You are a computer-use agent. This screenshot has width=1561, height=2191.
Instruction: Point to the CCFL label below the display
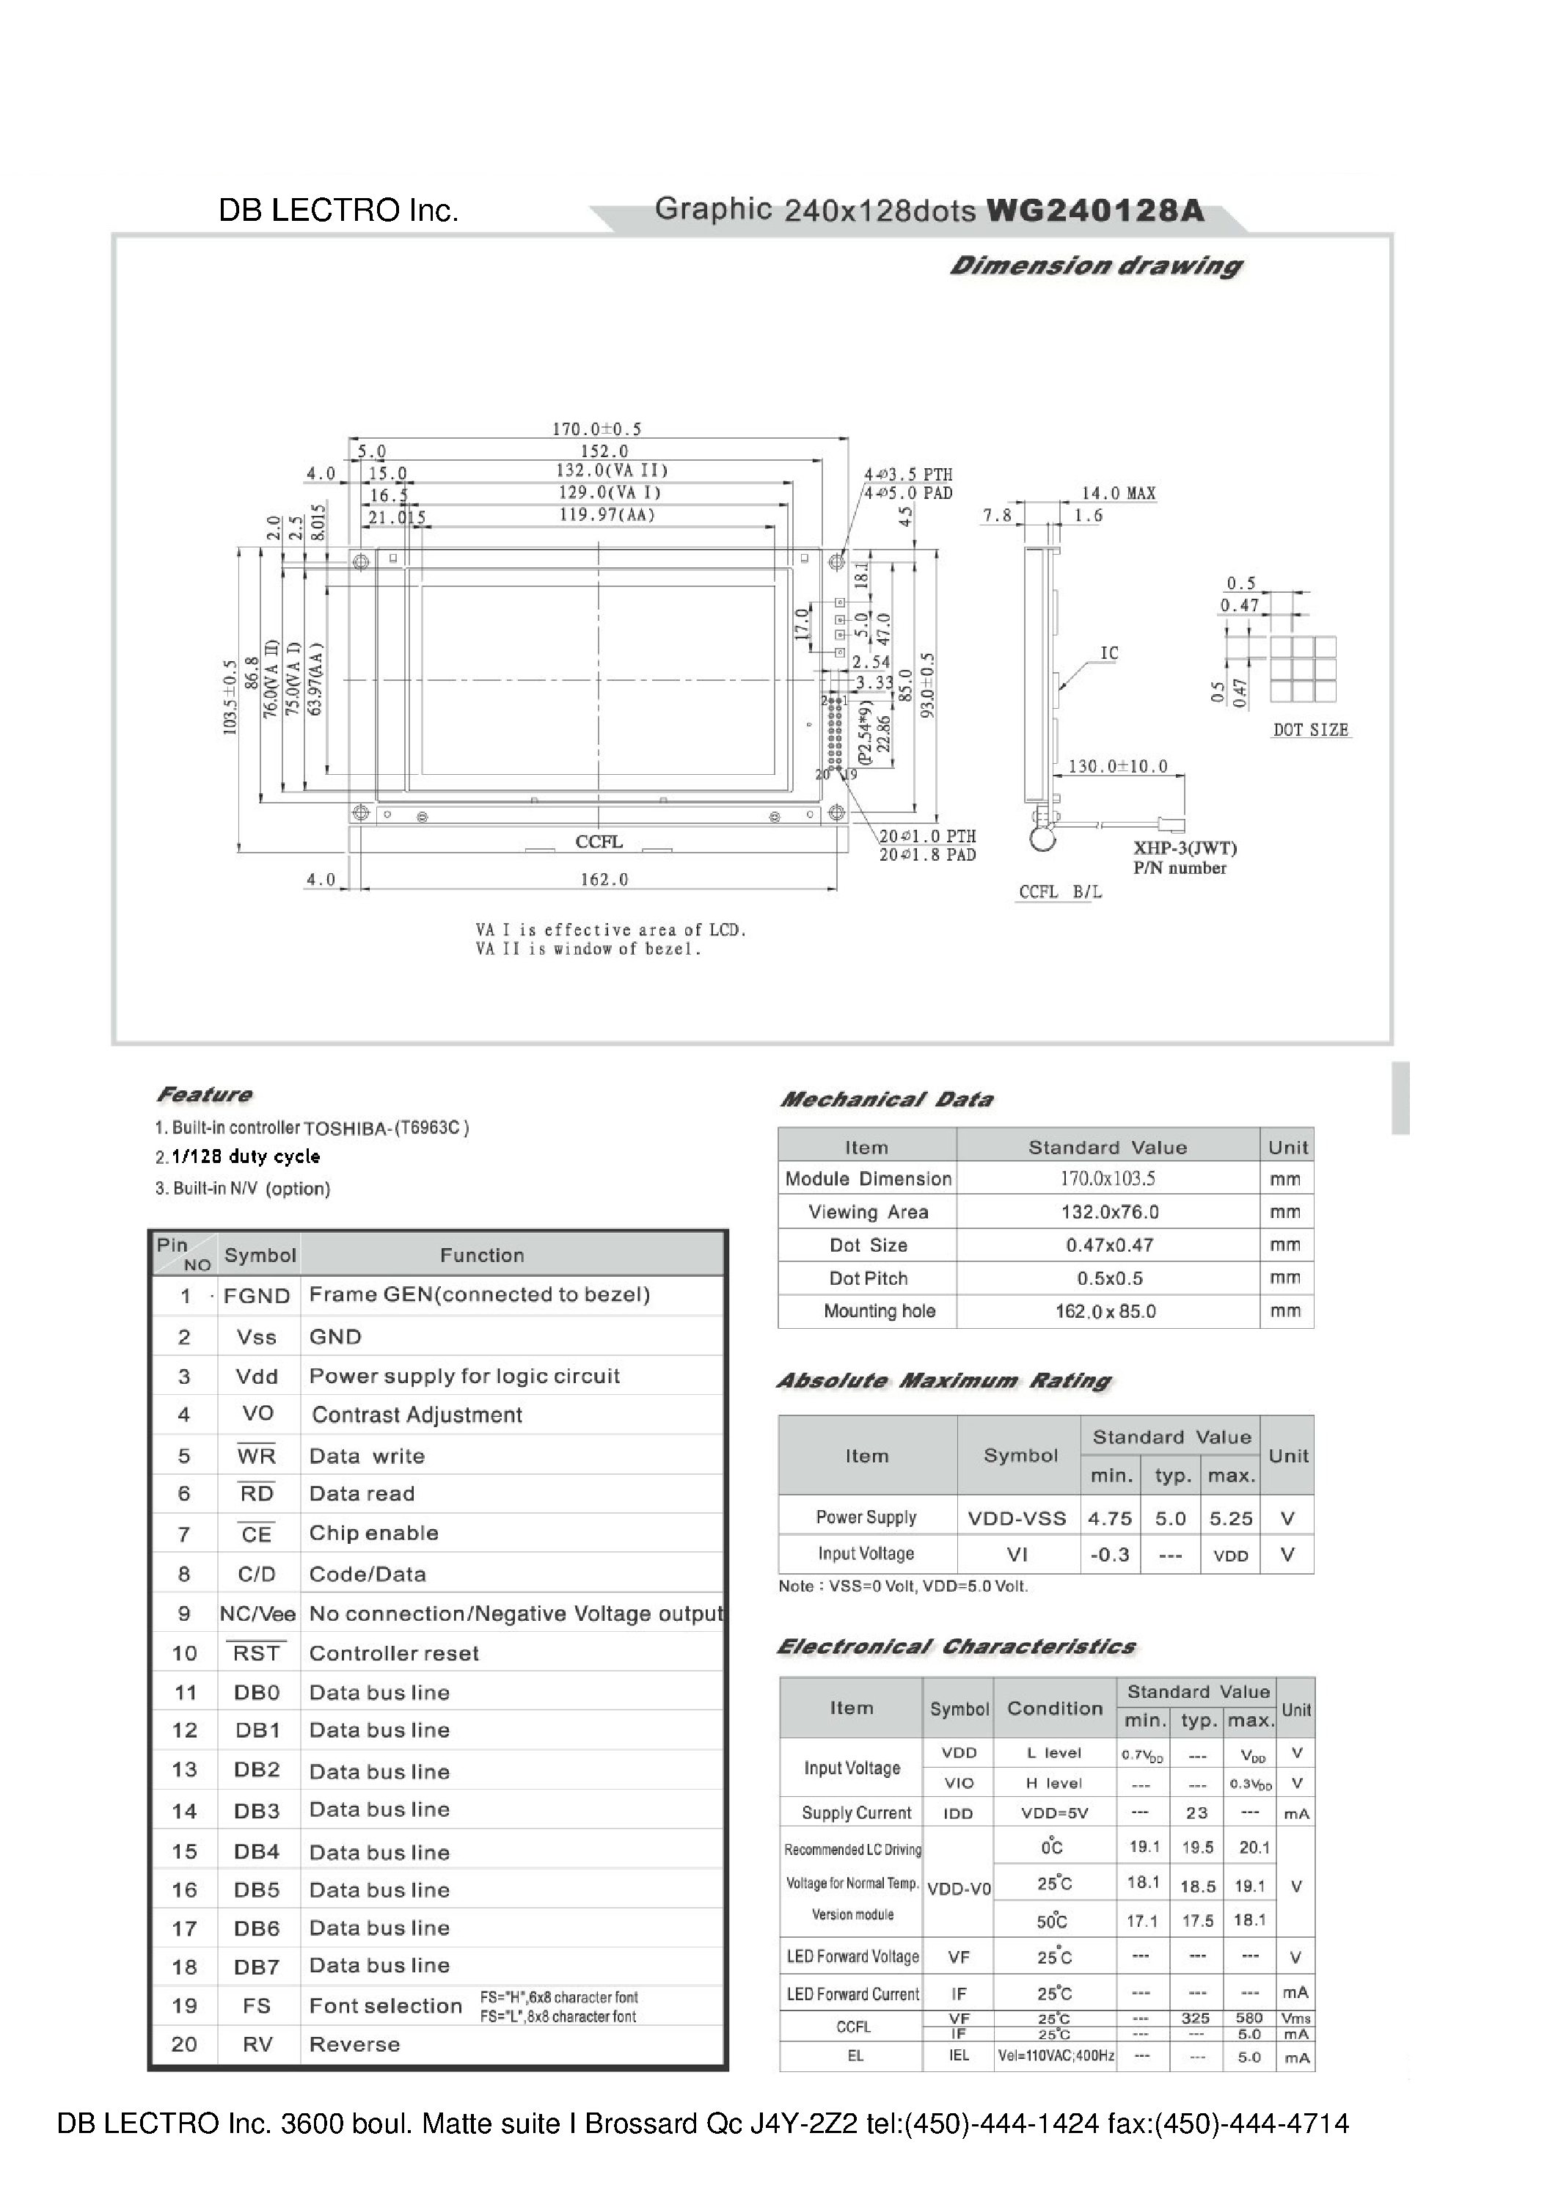(599, 842)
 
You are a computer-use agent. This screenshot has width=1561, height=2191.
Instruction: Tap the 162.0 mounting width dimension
(604, 880)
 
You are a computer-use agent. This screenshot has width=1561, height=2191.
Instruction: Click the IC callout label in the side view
(1109, 654)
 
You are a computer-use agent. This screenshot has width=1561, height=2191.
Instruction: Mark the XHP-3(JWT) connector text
(1184, 848)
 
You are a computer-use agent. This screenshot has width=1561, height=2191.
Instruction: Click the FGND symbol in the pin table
(257, 1296)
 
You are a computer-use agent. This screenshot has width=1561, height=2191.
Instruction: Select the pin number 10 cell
(185, 1654)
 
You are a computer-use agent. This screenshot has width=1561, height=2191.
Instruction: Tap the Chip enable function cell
(374, 1534)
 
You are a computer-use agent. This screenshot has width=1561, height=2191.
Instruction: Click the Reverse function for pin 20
(355, 2044)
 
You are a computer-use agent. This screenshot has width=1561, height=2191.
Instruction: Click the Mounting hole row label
(879, 1311)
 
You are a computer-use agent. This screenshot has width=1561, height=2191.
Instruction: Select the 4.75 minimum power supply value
(1109, 1519)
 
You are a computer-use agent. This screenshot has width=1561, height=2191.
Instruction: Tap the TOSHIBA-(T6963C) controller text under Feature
(387, 1129)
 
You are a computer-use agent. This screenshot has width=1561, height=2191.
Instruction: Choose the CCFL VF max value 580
(1249, 2019)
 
